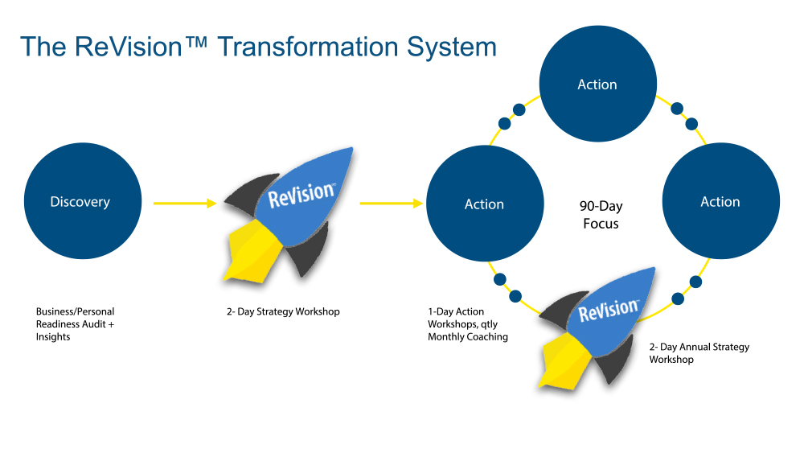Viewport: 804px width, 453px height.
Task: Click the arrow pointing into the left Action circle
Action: tap(392, 203)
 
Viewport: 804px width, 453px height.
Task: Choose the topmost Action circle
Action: tap(597, 84)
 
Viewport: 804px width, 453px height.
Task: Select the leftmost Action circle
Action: tap(485, 204)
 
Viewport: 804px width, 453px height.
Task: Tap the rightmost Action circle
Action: tap(720, 202)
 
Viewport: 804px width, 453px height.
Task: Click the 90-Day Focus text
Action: tap(601, 215)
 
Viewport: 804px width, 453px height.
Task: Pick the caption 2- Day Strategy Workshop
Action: tap(282, 311)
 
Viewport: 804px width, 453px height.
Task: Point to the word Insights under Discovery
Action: tap(53, 337)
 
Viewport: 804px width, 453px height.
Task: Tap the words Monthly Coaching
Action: tap(468, 337)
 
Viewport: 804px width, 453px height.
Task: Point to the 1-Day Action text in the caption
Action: tap(456, 311)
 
